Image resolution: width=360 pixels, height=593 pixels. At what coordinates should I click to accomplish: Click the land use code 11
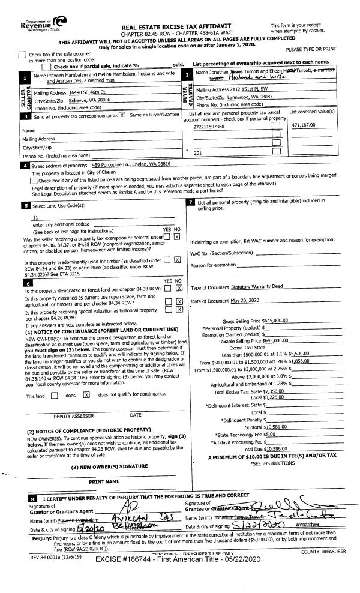coord(36,217)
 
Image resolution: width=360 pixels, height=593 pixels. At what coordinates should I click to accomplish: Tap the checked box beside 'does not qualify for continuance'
coord(86,394)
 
